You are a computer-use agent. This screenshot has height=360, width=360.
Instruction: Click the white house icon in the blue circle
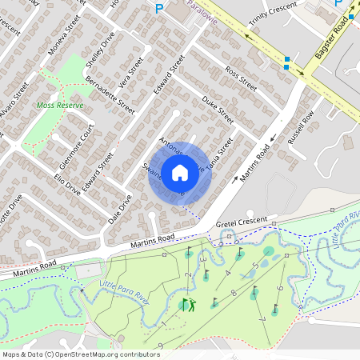pos(180,173)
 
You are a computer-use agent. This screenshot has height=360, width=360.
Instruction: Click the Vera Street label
pos(130,72)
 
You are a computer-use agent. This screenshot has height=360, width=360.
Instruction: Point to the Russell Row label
pos(302,122)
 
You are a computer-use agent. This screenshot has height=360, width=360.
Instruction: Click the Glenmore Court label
pos(74,145)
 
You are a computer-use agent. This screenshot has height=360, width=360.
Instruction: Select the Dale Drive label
pos(119,206)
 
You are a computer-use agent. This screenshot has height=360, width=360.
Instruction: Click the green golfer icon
pos(188,304)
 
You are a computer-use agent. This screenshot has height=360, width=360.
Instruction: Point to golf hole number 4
pos(227,273)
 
